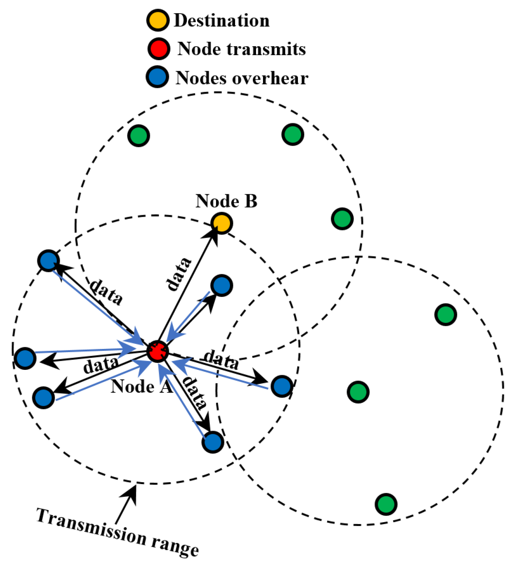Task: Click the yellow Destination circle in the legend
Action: pos(158,20)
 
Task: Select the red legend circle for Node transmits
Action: pos(158,49)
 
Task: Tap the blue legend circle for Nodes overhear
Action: pos(157,77)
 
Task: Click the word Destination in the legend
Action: pos(221,21)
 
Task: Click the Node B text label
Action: pos(226,201)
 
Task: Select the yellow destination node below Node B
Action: pos(221,223)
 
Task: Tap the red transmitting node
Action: pos(157,351)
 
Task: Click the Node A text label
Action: pos(141,387)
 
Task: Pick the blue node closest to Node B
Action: pos(221,285)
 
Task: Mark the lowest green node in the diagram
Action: pos(386,504)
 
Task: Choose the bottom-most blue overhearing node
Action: pos(212,442)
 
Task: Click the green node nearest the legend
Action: pos(139,136)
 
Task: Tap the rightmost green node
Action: pos(446,315)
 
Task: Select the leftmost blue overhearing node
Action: pos(25,358)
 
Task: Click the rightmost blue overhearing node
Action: pos(282,386)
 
